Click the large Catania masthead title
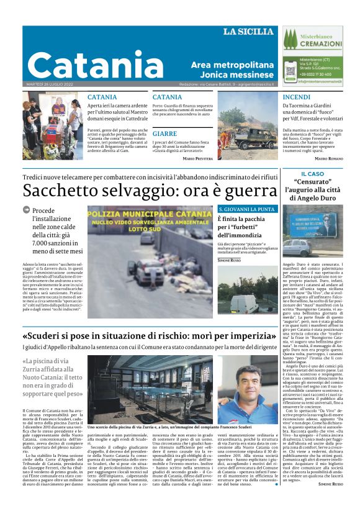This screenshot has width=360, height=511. point(87,64)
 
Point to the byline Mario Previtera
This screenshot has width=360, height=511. point(197,158)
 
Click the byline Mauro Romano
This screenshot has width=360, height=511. point(328,158)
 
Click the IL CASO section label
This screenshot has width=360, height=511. point(312,174)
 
